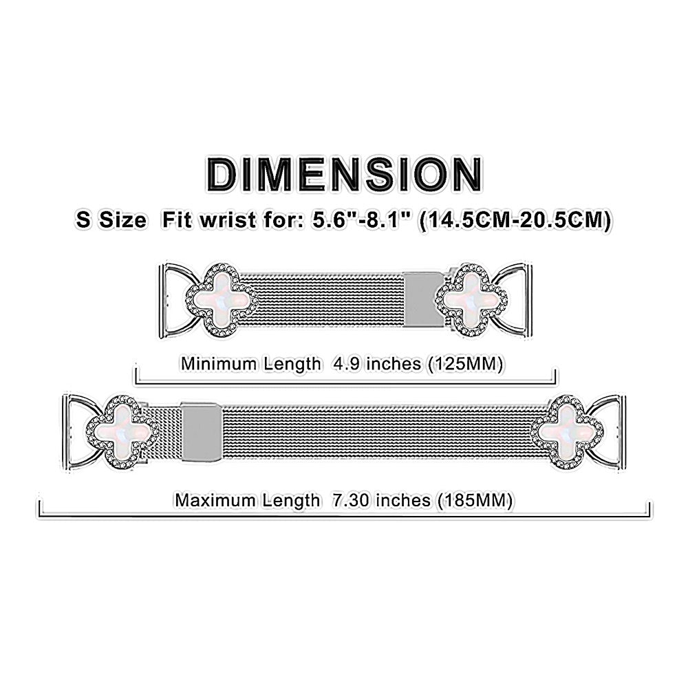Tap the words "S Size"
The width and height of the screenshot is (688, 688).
(111, 220)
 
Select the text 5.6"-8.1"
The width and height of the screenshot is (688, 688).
(362, 220)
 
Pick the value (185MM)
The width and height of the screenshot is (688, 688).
(475, 500)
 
